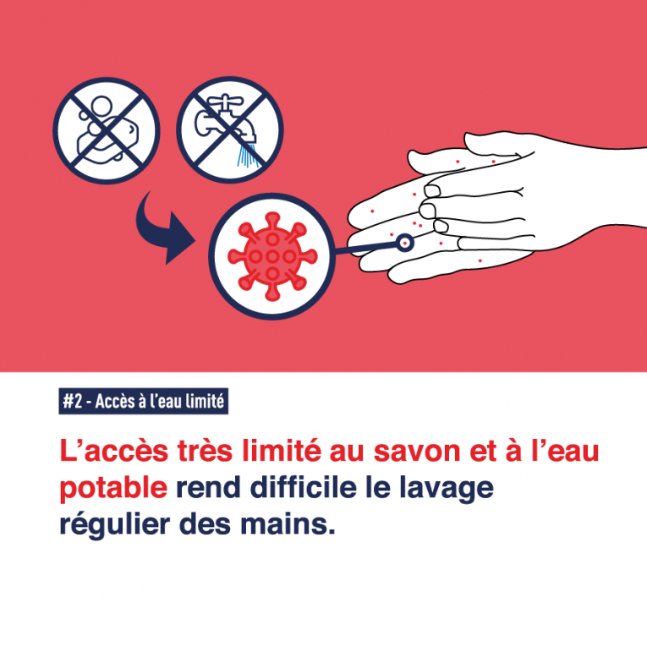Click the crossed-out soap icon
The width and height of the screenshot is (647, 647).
coord(107,130)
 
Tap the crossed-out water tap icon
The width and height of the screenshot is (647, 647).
coord(230,129)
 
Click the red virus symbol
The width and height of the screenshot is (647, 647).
coord(272,256)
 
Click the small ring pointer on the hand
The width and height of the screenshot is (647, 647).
coord(405,243)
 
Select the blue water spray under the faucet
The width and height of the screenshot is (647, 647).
coord(249,155)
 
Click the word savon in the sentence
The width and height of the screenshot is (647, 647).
coord(417,451)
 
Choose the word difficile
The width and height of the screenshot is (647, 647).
coord(304,487)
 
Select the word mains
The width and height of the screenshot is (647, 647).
coord(288,524)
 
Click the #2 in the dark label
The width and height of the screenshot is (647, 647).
coord(72,401)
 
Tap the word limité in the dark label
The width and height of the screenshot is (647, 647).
coord(205,401)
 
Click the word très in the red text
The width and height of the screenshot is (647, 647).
coord(205,451)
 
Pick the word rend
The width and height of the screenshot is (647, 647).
coord(208,488)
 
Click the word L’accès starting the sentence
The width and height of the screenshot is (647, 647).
coord(114,451)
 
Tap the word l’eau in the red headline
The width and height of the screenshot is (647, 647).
coord(564,451)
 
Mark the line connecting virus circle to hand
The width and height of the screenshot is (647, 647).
coord(366,249)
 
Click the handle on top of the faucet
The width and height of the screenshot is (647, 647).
coord(225,100)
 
